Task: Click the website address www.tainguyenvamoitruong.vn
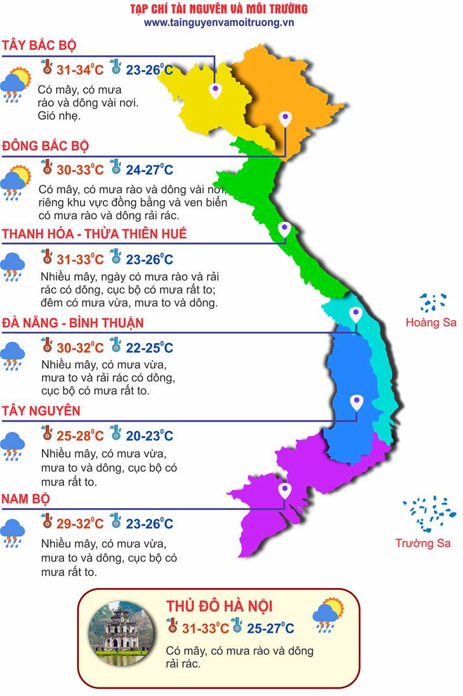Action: click(219, 22)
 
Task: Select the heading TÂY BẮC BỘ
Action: click(39, 46)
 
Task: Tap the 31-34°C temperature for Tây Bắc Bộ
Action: click(80, 70)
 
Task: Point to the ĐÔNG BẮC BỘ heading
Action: click(45, 146)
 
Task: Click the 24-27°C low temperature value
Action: click(150, 170)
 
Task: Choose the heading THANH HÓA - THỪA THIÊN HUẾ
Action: click(95, 234)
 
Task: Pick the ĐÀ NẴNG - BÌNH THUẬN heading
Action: click(73, 322)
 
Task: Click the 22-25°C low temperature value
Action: click(150, 348)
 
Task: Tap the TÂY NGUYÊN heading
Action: click(41, 411)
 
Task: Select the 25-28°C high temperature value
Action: click(80, 436)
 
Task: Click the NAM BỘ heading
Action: click(26, 499)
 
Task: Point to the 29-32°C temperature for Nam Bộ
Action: click(80, 524)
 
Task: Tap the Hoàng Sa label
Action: click(431, 322)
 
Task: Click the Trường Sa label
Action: click(422, 543)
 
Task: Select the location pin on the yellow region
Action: click(215, 89)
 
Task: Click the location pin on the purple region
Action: click(284, 491)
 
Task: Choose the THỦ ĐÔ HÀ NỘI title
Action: click(219, 606)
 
